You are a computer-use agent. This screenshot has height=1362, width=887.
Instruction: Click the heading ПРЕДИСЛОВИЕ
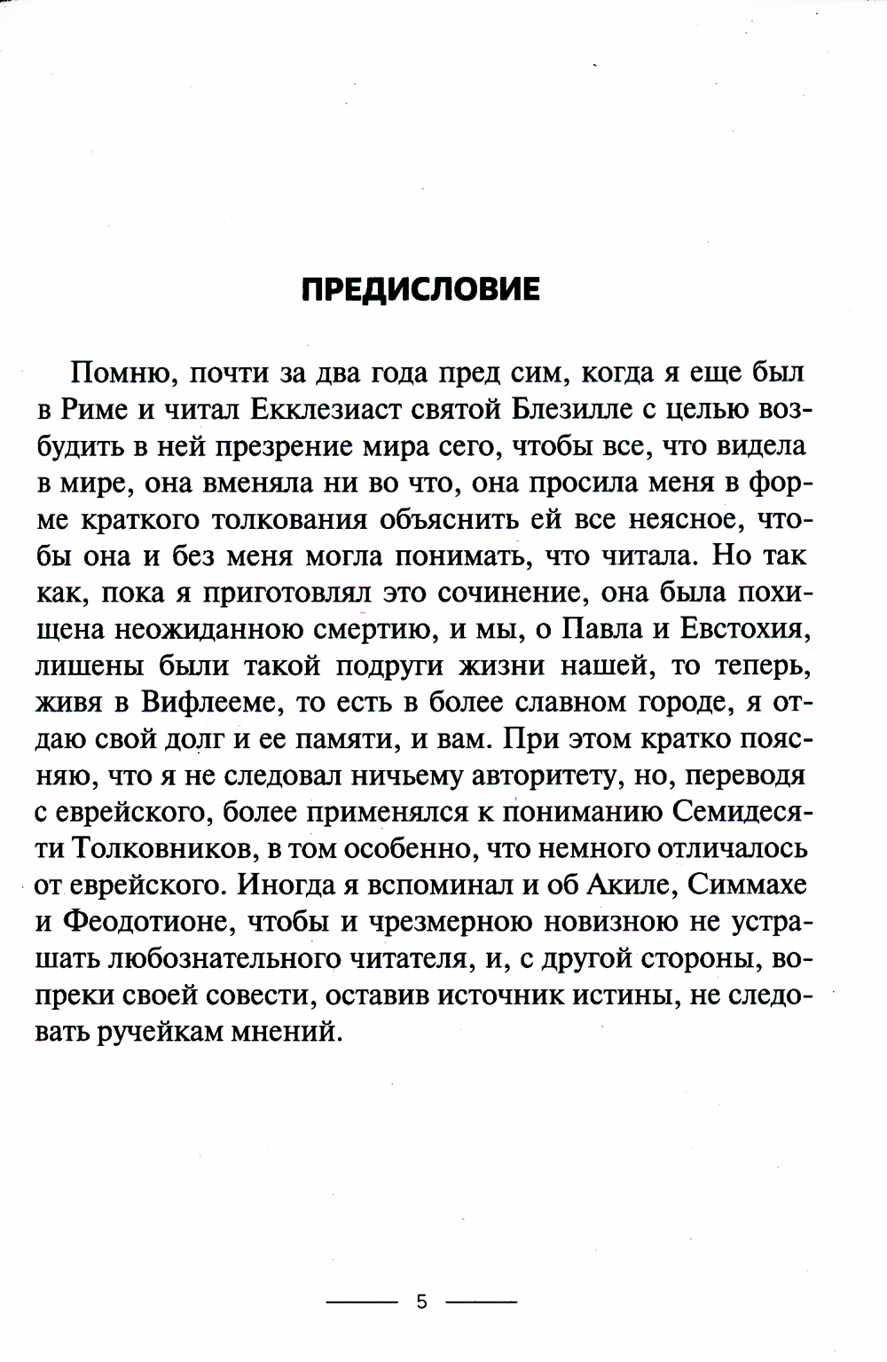420,290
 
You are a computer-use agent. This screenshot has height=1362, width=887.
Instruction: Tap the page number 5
421,1303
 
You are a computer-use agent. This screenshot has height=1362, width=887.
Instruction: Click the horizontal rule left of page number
362,1303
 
